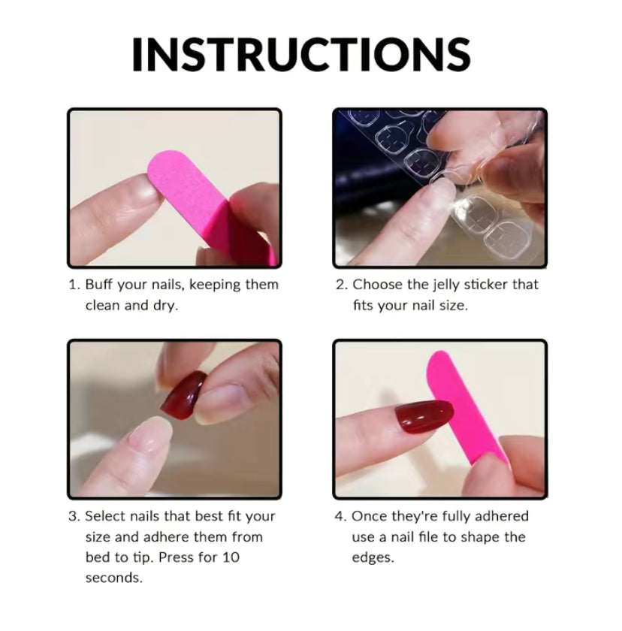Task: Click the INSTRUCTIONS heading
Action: click(301, 55)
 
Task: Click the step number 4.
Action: click(340, 516)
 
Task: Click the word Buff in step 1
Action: click(98, 285)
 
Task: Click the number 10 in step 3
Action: click(231, 557)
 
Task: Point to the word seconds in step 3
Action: click(114, 578)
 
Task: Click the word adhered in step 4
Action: click(502, 516)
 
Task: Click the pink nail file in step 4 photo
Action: click(466, 407)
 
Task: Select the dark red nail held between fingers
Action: click(183, 395)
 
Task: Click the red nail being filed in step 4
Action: click(424, 416)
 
